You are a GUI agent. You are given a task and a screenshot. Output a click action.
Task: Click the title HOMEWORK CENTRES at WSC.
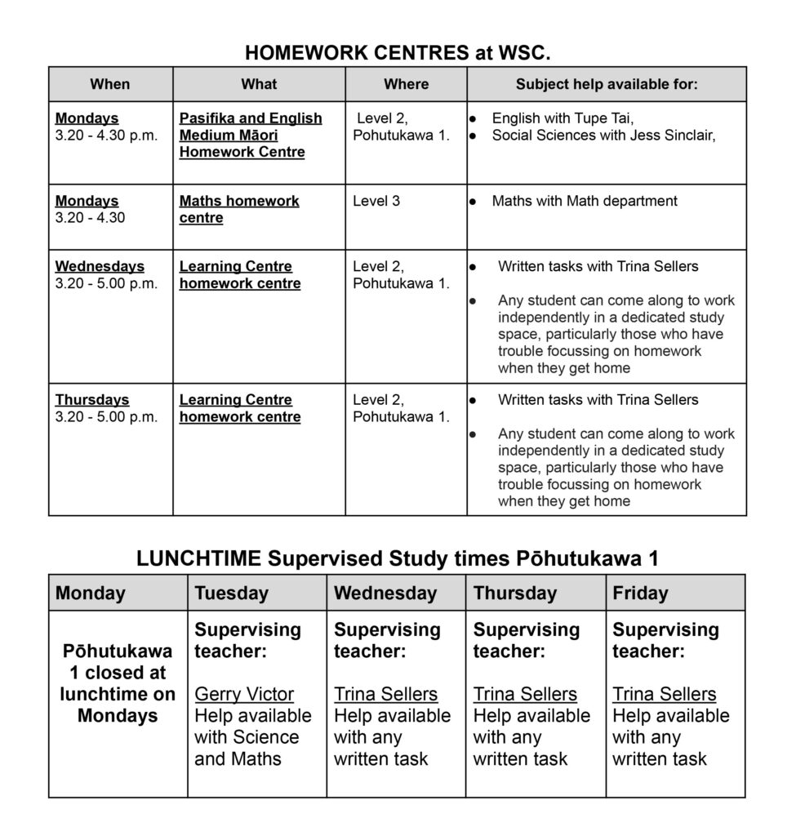[x=398, y=54]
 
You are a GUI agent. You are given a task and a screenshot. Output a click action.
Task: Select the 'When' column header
[x=110, y=84]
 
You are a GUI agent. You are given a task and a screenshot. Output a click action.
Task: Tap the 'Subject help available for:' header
[x=606, y=84]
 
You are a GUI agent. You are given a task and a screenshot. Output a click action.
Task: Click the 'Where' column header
[x=406, y=84]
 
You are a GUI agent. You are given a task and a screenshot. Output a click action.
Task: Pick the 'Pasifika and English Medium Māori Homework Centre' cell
[x=250, y=136]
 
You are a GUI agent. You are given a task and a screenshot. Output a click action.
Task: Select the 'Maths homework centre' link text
[x=239, y=210]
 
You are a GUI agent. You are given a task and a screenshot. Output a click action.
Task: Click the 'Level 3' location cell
[x=376, y=201]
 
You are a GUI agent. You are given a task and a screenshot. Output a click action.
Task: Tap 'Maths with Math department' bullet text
[x=584, y=201]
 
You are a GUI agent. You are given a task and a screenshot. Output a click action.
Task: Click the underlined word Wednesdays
[x=100, y=267]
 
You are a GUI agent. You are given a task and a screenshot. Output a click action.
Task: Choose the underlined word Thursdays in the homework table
[x=92, y=400]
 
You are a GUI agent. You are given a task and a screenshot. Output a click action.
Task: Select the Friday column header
[x=640, y=594]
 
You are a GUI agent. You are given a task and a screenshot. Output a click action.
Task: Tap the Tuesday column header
[x=231, y=594]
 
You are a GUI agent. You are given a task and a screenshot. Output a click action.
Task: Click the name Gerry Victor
[x=244, y=695]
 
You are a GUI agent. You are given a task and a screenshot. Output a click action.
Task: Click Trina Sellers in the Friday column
[x=664, y=695]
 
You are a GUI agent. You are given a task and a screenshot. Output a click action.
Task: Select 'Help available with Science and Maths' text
[x=252, y=737]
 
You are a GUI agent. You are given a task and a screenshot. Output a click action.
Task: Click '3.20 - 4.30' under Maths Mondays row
[x=90, y=218]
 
